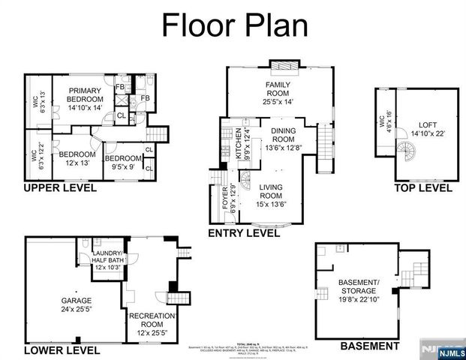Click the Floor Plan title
[236, 25]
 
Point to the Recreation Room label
[152, 321]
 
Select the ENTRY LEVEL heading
[244, 233]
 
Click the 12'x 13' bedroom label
[74, 159]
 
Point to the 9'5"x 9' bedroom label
[122, 163]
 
